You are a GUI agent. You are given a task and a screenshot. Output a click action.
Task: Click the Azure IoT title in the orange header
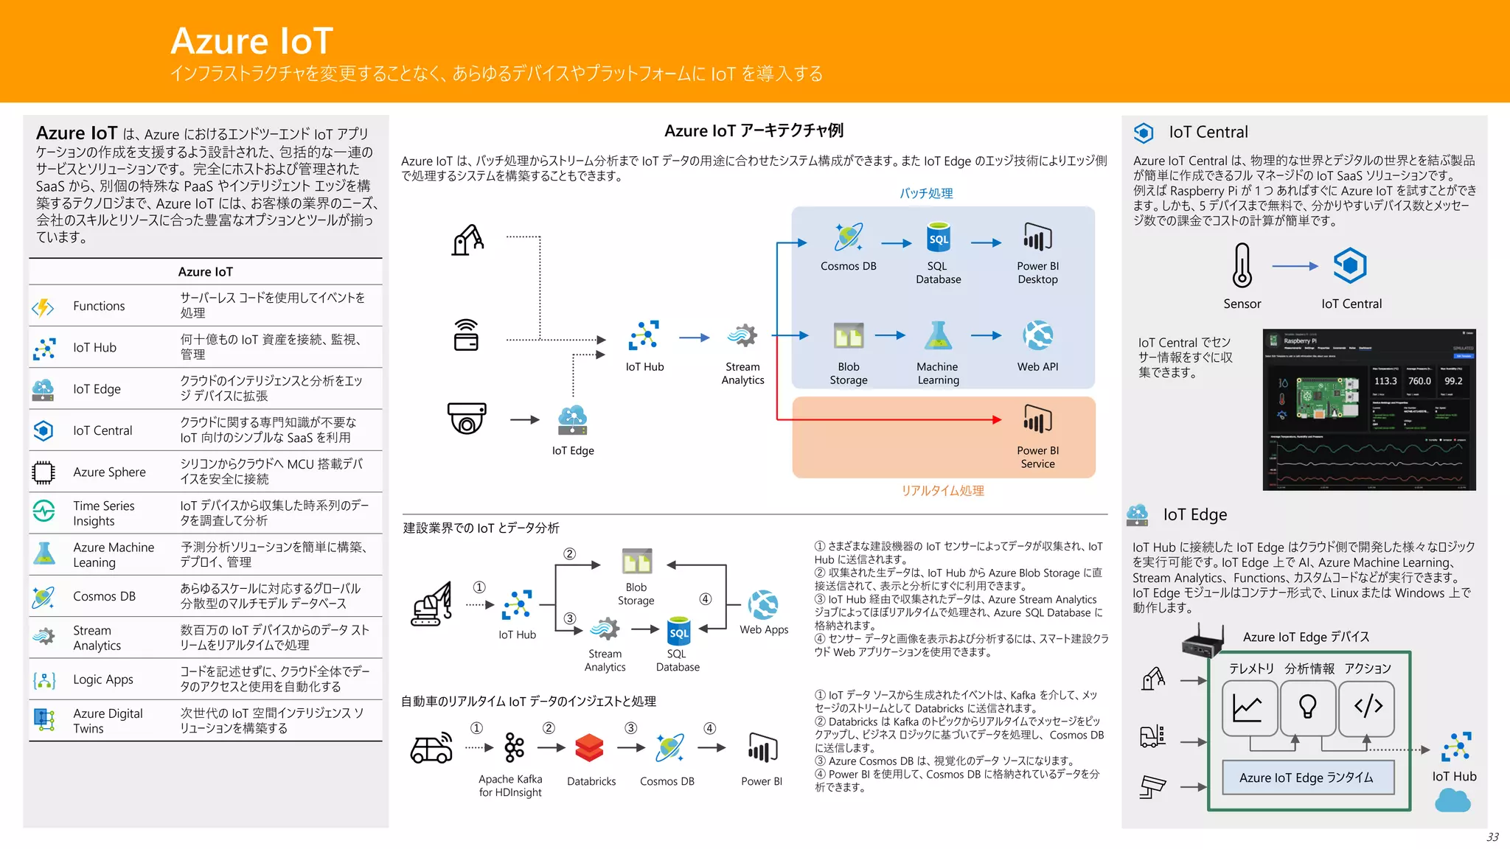[x=251, y=41]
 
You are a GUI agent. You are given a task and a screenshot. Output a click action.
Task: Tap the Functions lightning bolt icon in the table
[x=44, y=307]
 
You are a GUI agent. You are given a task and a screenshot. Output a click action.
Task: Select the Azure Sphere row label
[x=109, y=472]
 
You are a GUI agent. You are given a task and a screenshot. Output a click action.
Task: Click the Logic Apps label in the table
[x=102, y=679]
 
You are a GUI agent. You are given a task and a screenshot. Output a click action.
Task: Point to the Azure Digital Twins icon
[x=44, y=720]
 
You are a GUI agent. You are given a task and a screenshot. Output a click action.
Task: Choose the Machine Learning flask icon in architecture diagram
[x=938, y=336]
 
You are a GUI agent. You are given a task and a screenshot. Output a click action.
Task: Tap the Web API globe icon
[x=1037, y=336]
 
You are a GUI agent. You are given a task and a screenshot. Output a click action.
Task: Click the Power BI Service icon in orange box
[x=1037, y=420]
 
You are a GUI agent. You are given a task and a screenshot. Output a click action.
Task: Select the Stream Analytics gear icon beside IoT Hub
[x=742, y=336]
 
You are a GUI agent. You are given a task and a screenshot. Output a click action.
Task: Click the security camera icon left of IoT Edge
[x=467, y=419]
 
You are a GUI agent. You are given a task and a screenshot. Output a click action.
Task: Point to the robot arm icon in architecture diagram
[x=467, y=240]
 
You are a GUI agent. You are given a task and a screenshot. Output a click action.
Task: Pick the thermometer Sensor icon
[x=1242, y=265]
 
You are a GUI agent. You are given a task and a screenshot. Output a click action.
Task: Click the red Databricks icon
[x=590, y=748]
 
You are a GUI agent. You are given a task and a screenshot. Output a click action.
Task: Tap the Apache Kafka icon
[x=514, y=748]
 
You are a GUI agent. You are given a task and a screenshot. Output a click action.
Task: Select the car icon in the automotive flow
[x=431, y=749]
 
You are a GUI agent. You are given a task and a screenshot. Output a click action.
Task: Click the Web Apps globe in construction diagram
[x=763, y=605]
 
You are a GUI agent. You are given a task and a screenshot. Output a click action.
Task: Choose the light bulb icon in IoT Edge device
[x=1307, y=707]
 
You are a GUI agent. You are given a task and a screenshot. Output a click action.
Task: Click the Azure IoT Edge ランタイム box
[x=1307, y=778]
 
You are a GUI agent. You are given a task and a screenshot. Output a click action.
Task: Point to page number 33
[x=1492, y=837]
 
